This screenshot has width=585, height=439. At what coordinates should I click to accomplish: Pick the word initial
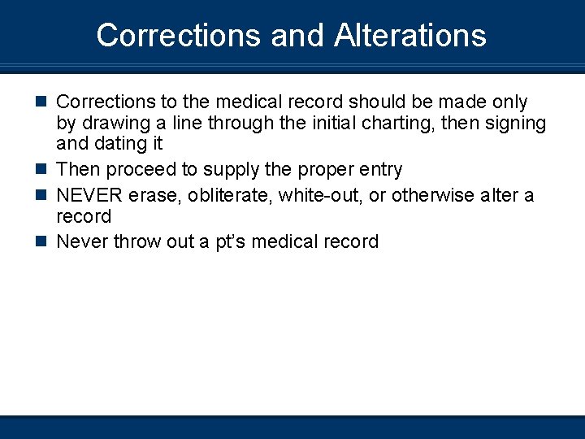click(328, 123)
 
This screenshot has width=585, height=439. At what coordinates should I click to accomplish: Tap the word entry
click(379, 170)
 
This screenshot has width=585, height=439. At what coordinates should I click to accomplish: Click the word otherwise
click(433, 196)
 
